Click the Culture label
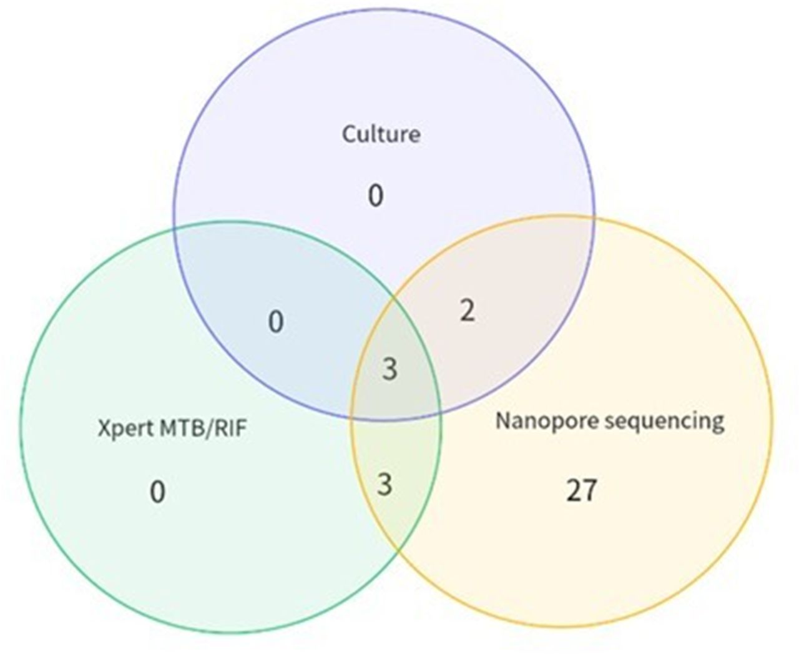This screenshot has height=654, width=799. click(x=381, y=134)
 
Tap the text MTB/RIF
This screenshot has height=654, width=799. click(x=203, y=428)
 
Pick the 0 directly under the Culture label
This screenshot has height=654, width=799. click(x=375, y=196)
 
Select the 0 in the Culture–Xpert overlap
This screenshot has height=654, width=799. click(x=276, y=322)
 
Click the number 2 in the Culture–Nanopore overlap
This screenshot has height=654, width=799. click(x=467, y=311)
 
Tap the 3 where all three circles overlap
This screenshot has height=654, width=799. click(x=390, y=369)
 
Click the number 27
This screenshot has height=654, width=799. click(x=582, y=490)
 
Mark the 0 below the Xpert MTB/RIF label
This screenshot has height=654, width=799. click(x=157, y=492)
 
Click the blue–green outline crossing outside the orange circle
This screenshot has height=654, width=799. click(x=174, y=228)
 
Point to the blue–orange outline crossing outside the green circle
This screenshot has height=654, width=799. click(x=593, y=217)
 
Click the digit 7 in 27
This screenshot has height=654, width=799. click(x=590, y=490)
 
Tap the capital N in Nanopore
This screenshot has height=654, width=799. click(x=504, y=421)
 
